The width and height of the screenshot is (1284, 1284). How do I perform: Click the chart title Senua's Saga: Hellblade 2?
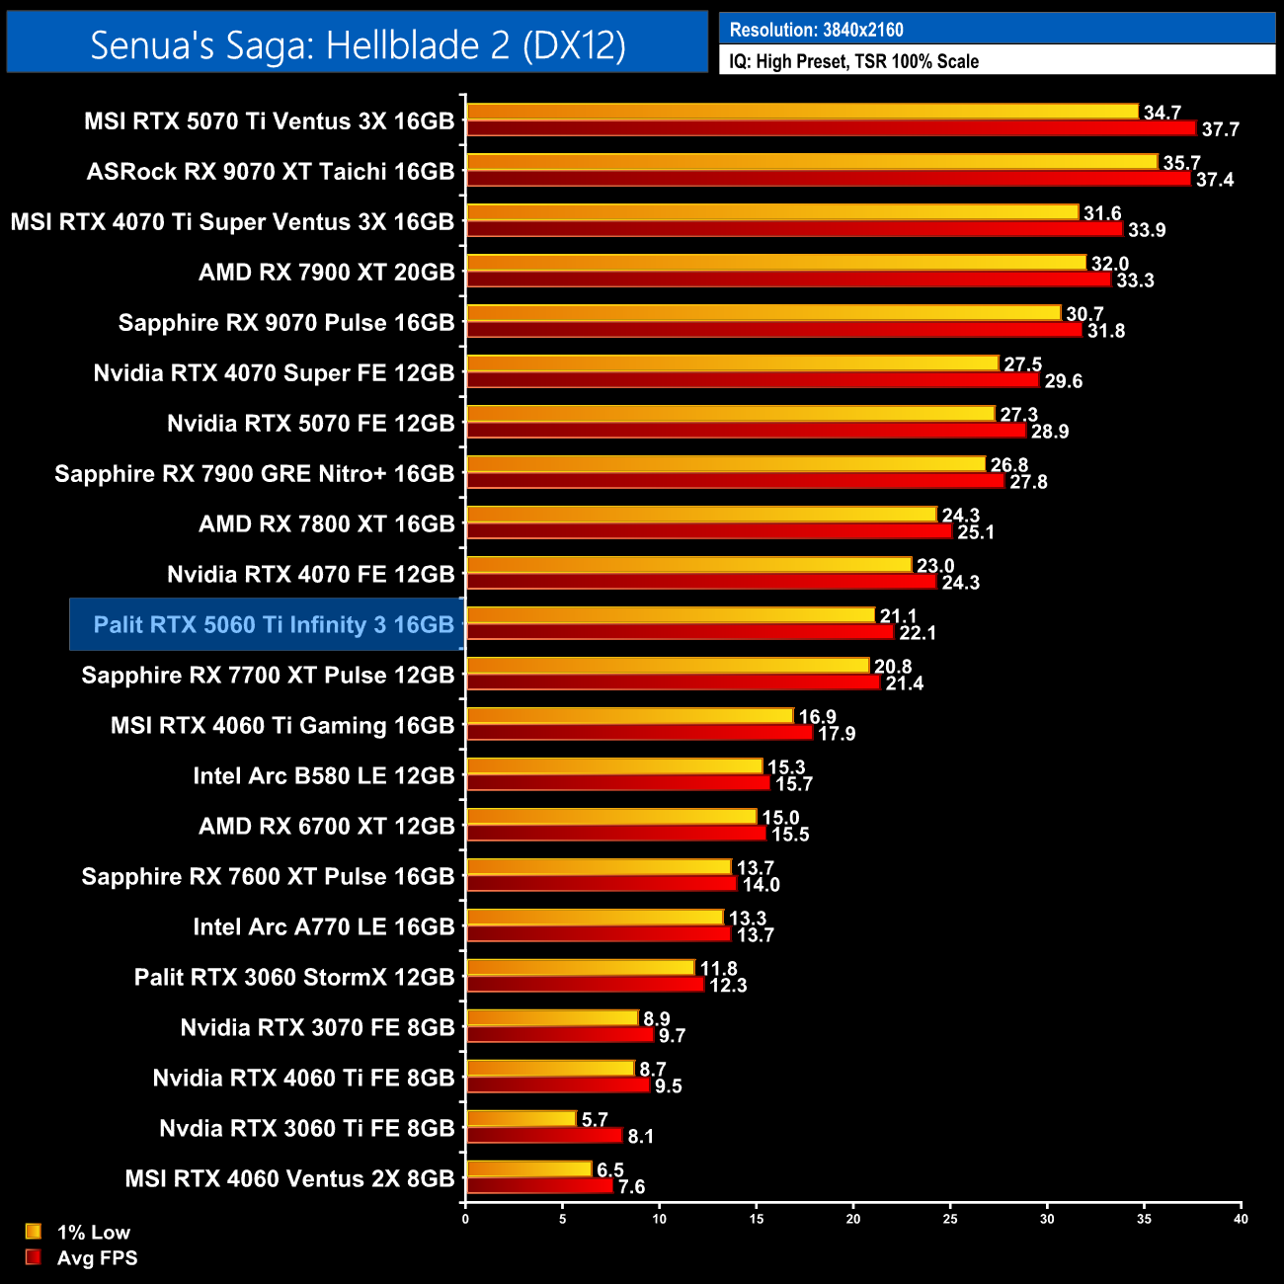[358, 44]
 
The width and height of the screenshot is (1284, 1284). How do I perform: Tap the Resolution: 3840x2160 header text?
[816, 30]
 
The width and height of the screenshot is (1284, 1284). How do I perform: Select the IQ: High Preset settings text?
[853, 61]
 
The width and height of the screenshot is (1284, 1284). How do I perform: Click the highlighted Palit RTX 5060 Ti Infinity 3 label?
[274, 624]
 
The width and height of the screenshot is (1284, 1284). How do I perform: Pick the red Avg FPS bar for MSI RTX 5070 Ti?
[830, 128]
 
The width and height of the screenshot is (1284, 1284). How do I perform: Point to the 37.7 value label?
[1220, 129]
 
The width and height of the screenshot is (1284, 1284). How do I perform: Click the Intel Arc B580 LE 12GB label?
[324, 775]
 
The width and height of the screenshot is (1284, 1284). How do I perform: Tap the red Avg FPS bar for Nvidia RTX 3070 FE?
[560, 1035]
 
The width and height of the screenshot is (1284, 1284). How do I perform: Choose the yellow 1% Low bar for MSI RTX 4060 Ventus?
[528, 1169]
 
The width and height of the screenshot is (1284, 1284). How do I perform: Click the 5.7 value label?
[595, 1120]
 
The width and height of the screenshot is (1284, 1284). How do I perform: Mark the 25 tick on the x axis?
[950, 1219]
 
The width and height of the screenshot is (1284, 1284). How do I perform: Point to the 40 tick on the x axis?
[1241, 1219]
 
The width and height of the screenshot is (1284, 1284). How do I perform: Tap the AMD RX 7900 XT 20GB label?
[327, 272]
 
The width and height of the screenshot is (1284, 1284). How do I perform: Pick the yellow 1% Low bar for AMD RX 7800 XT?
[701, 515]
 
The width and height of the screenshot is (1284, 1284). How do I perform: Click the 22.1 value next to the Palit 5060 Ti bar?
[918, 633]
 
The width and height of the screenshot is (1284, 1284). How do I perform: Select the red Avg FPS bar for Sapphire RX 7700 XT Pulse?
[673, 682]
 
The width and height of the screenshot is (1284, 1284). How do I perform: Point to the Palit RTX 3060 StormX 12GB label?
[294, 977]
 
